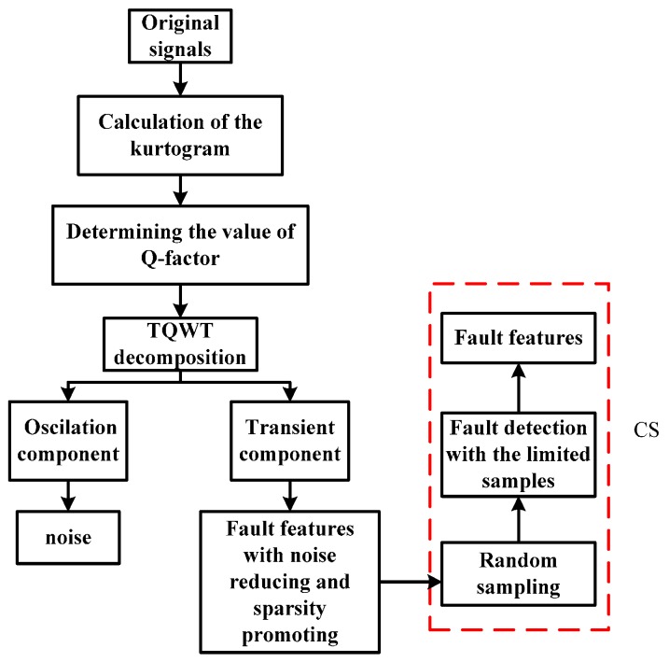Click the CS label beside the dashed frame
[646, 432]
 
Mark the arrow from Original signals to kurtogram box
[176, 80]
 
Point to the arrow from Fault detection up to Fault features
[520, 386]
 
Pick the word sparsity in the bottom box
[291, 603]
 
